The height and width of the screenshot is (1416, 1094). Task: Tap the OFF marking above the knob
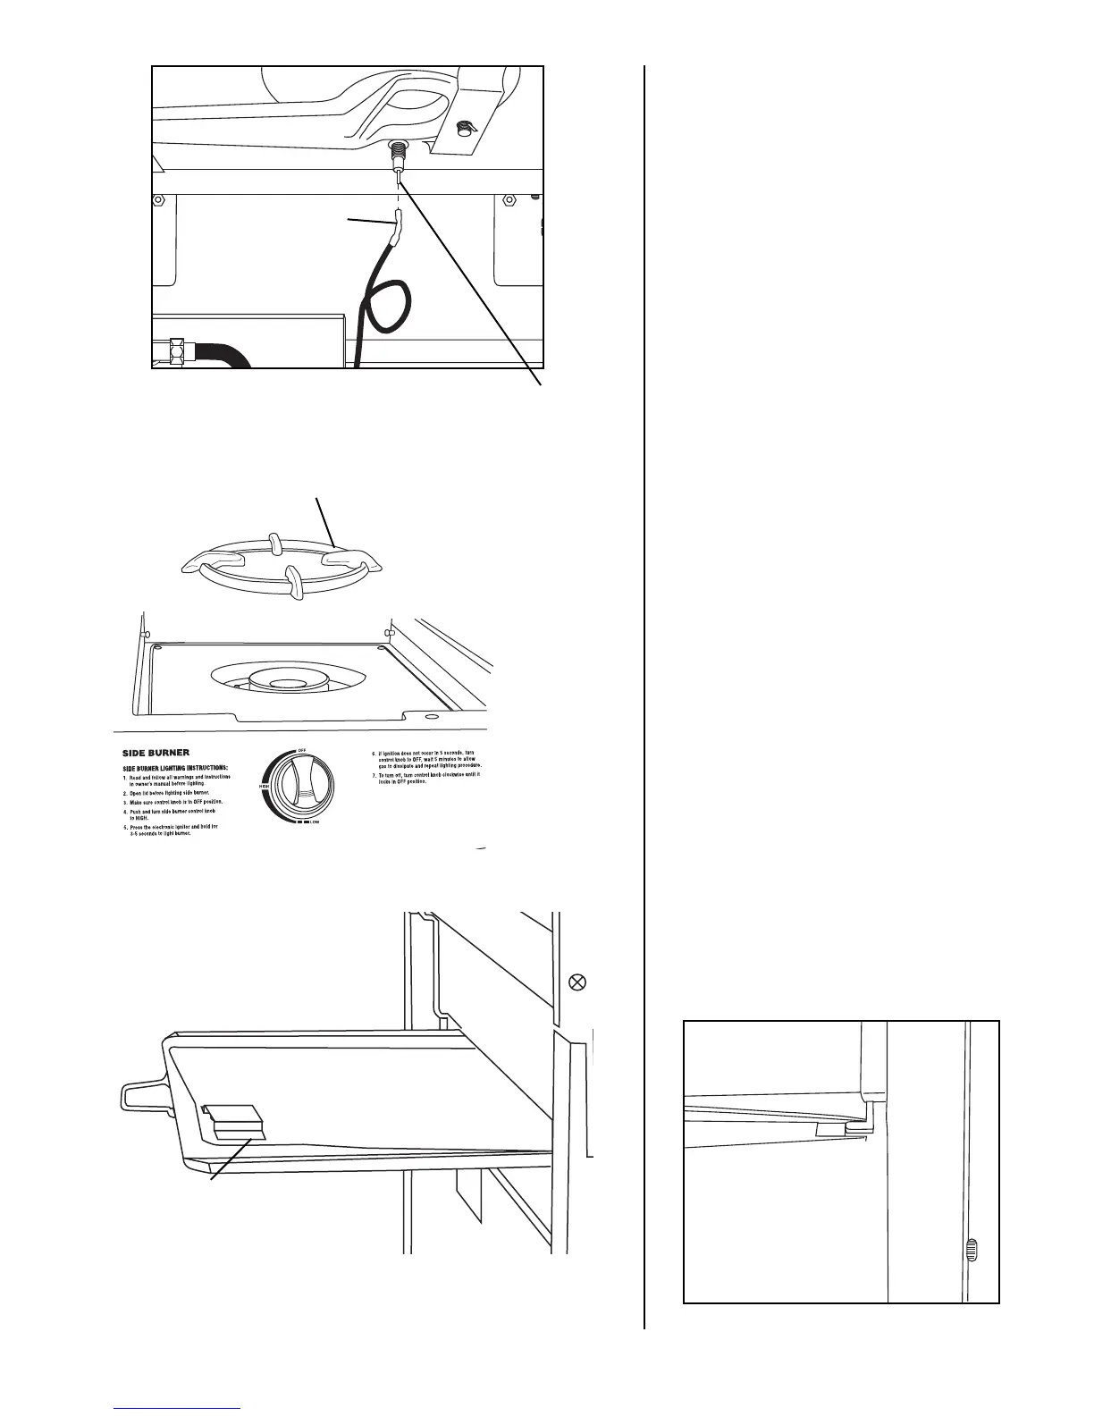[303, 747]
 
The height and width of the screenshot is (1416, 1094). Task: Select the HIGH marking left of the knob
[265, 786]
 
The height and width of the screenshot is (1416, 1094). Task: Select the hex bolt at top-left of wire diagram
[158, 199]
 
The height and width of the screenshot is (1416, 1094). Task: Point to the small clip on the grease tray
[234, 1122]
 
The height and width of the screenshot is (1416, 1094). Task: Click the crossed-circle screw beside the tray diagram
[577, 982]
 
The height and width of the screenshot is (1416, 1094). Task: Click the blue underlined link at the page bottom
[178, 1409]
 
